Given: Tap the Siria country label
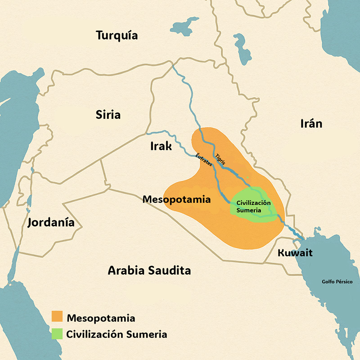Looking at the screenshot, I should click(x=108, y=114).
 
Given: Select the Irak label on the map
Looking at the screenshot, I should click(x=161, y=146).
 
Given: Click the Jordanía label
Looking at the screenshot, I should click(x=51, y=222).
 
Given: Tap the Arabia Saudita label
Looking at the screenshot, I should click(x=149, y=270).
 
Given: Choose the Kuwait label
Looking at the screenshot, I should click(x=295, y=252).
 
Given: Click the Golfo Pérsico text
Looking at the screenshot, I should click(x=337, y=282).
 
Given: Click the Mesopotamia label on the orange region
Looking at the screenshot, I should click(x=176, y=199).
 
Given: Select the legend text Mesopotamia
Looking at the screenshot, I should click(x=101, y=318).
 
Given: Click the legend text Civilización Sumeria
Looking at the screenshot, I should click(x=117, y=335).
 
